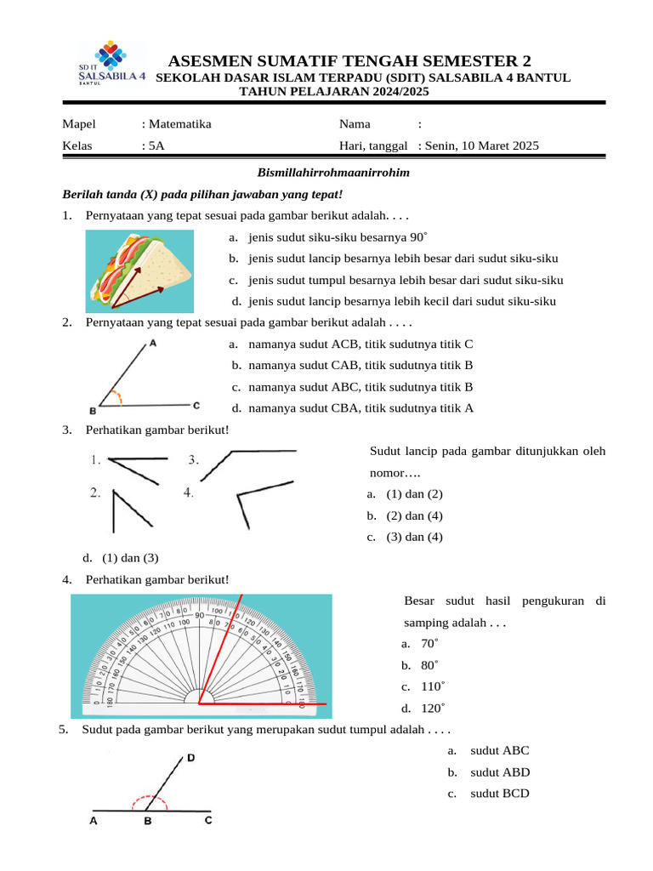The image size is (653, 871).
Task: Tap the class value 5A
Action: pyautogui.click(x=156, y=145)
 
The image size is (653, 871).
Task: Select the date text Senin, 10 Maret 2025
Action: pyautogui.click(x=484, y=145)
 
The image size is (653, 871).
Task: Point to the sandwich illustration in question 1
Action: pyautogui.click(x=140, y=270)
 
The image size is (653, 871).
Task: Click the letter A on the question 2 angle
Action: pyautogui.click(x=152, y=344)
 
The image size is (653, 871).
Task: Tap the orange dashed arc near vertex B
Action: pyautogui.click(x=120, y=397)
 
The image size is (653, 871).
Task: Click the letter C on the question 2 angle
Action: pyautogui.click(x=196, y=406)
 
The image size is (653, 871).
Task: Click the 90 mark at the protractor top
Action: pyautogui.click(x=198, y=615)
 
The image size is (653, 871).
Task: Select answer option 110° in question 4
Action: pyautogui.click(x=433, y=686)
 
